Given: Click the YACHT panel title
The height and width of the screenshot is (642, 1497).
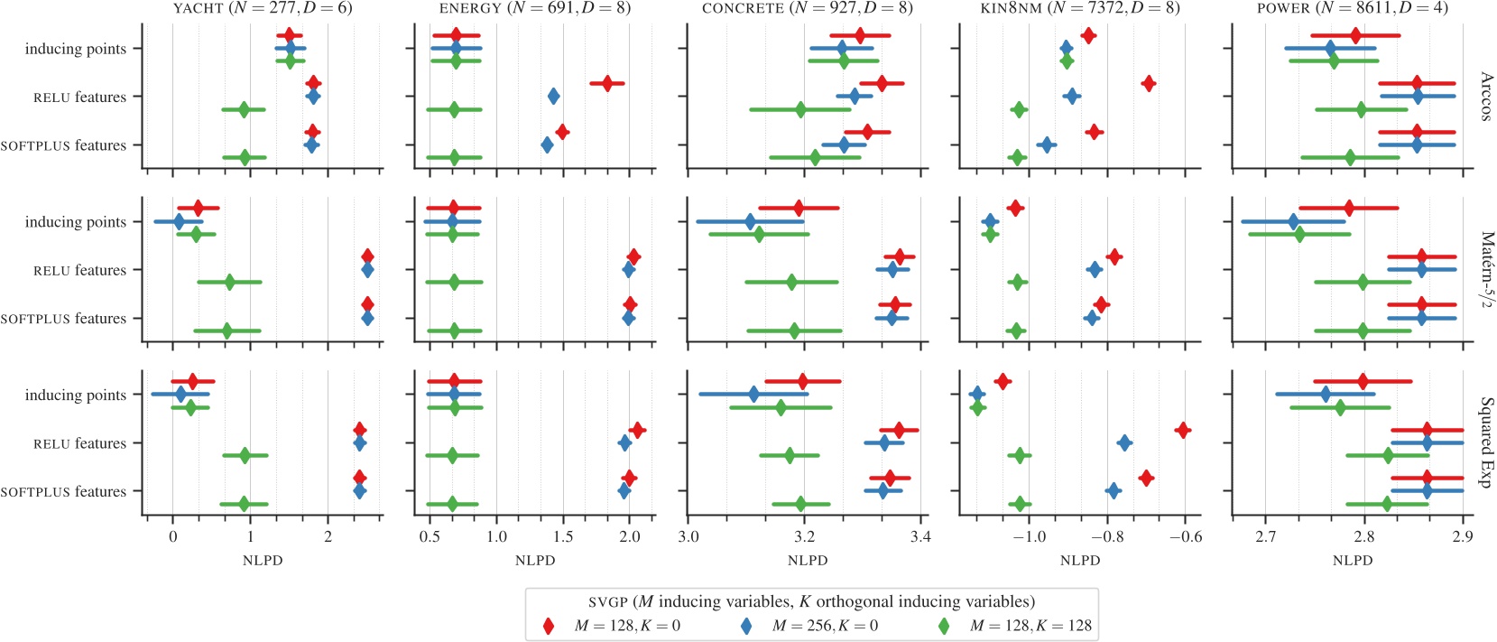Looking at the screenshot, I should tap(263, 8).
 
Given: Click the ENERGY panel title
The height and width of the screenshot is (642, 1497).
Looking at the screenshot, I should tap(534, 8).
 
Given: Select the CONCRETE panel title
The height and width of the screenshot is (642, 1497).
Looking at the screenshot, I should tap(807, 8).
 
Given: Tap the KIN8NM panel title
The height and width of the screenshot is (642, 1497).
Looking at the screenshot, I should tap(1079, 8).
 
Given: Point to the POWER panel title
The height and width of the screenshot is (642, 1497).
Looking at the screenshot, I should tap(1352, 8).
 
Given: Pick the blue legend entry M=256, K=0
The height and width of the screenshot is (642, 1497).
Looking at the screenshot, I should tap(746, 626).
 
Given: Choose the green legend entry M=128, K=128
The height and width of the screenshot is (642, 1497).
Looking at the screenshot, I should tap(944, 626).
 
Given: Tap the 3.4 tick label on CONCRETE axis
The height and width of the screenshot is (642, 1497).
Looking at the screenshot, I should tap(919, 537).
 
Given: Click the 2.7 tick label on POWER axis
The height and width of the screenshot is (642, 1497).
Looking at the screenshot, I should tap(1265, 537).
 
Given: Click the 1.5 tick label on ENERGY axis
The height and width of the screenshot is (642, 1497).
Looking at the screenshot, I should tap(563, 537).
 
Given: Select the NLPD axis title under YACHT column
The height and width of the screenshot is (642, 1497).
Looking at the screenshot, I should tap(263, 561).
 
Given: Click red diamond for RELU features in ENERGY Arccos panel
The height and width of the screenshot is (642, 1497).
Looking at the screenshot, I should tap(607, 83).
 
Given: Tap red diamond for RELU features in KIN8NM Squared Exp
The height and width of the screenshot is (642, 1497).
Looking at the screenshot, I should tap(1183, 430).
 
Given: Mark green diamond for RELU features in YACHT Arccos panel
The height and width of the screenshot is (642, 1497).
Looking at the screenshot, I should tap(244, 110).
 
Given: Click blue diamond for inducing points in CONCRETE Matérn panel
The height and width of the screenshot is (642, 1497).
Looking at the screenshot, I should tap(750, 221).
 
